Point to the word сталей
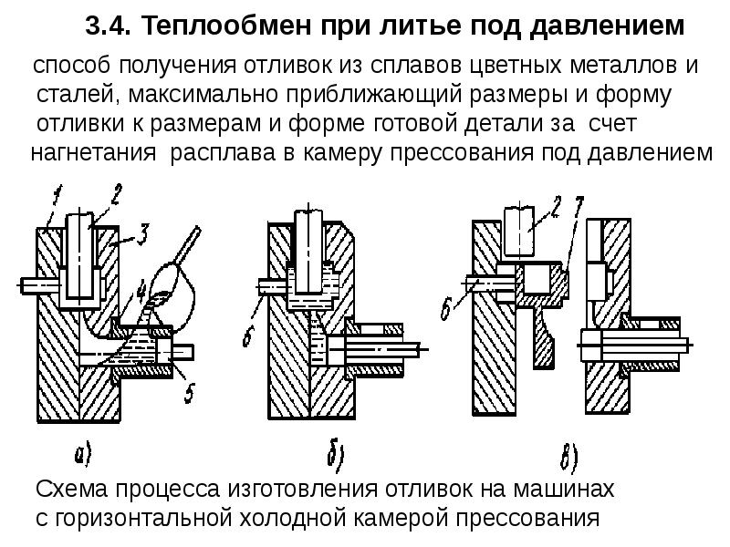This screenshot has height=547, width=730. coord(72,96)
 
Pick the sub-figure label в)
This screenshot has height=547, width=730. coord(571,452)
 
